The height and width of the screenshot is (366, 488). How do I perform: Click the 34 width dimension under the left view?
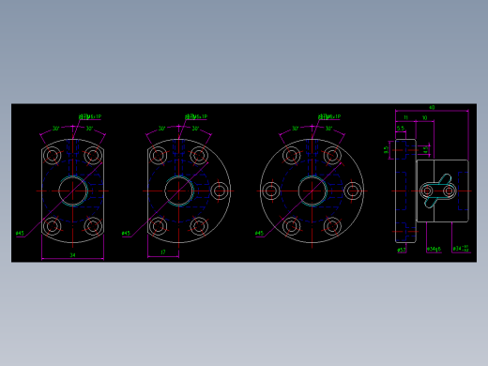pyautogui.click(x=72, y=254)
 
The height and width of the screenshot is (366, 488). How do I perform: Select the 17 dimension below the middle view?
pyautogui.click(x=163, y=252)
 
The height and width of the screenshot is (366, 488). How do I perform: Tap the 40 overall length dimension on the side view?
pyautogui.click(x=432, y=108)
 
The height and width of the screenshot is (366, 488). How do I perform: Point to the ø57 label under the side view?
pyautogui.click(x=401, y=250)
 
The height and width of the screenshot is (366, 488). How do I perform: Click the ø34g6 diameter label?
pyautogui.click(x=434, y=250)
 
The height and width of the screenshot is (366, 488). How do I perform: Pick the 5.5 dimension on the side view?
pyautogui.click(x=401, y=129)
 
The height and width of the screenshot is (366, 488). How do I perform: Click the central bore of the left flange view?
pyautogui.click(x=72, y=191)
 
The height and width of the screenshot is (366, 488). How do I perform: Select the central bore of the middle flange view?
pyautogui.click(x=178, y=191)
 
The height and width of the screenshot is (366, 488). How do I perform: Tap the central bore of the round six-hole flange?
pyautogui.click(x=312, y=191)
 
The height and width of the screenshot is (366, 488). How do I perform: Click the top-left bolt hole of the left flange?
pyautogui.click(x=53, y=155)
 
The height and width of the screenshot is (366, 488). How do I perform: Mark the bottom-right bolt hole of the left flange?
pyautogui.click(x=93, y=226)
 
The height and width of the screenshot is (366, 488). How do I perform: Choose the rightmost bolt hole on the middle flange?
pyautogui.click(x=220, y=191)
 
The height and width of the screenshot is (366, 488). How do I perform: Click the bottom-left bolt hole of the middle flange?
pyautogui.click(x=159, y=226)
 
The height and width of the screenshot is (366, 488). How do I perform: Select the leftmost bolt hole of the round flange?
pyautogui.click(x=271, y=191)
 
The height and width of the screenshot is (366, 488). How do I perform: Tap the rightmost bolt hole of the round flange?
pyautogui.click(x=352, y=191)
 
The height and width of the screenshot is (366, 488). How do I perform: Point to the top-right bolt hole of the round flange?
pyautogui.click(x=331, y=156)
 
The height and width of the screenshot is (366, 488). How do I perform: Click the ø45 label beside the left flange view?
pyautogui.click(x=20, y=234)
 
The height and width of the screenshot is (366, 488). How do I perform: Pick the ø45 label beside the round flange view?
pyautogui.click(x=259, y=234)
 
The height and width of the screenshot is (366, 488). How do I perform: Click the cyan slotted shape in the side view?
pyautogui.click(x=438, y=191)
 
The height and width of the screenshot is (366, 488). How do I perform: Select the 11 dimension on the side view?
pyautogui.click(x=406, y=118)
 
